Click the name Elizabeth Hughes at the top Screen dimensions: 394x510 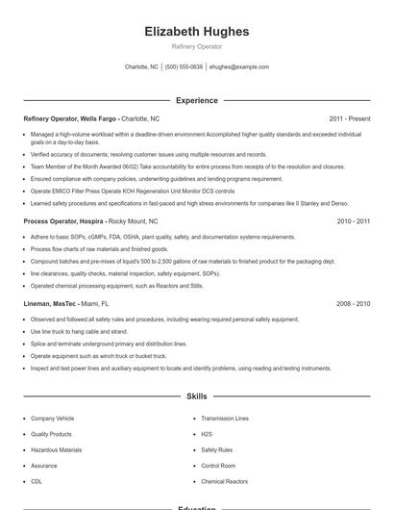pyautogui.click(x=196, y=31)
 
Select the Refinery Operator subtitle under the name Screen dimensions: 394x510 pyautogui.click(x=196, y=46)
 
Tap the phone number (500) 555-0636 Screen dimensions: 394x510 pyautogui.click(x=184, y=67)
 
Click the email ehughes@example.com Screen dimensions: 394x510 pyautogui.click(x=239, y=67)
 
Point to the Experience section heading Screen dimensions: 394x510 pyautogui.click(x=196, y=100)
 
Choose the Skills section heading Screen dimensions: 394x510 pyautogui.click(x=196, y=395)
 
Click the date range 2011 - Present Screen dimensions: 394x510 pyautogui.click(x=349, y=118)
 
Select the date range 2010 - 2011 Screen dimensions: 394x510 pyautogui.click(x=353, y=221)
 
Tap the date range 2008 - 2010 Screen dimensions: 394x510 pyautogui.click(x=353, y=303)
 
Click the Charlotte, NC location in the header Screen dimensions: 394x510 pyautogui.click(x=142, y=67)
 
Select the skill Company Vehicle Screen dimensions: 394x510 pyautogui.click(x=52, y=419)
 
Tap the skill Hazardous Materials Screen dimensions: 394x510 pyautogui.click(x=56, y=449)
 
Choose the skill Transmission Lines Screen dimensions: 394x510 pyautogui.click(x=225, y=419)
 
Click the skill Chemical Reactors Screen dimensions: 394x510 pyautogui.click(x=224, y=481)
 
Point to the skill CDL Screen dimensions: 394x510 pyautogui.click(x=37, y=481)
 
